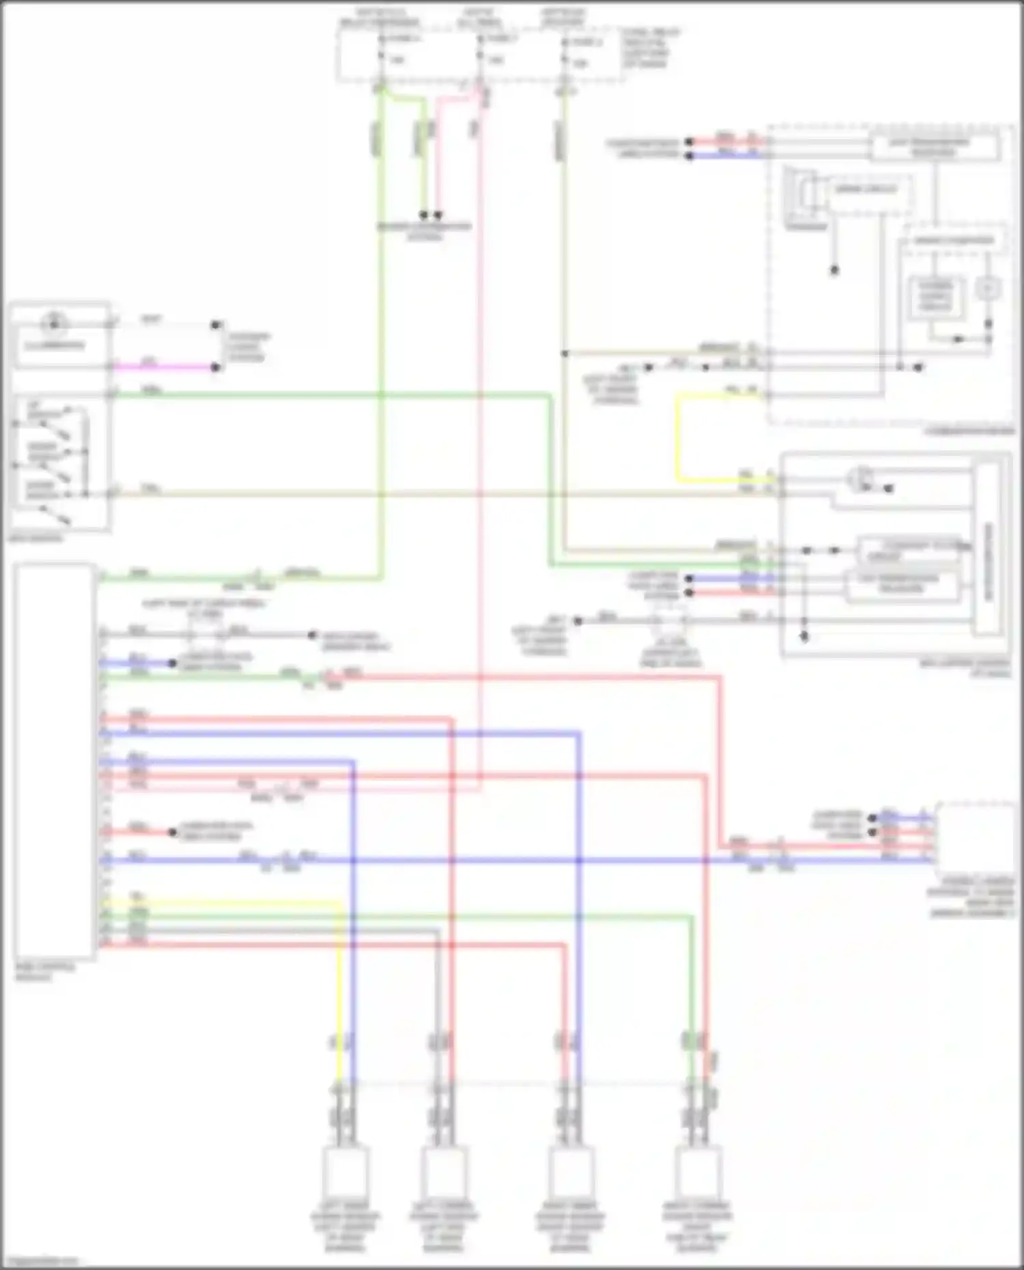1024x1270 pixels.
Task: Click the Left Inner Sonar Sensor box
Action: (x=346, y=1172)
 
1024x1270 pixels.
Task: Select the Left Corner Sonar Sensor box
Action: (x=444, y=1172)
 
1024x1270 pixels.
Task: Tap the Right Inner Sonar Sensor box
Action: (x=570, y=1172)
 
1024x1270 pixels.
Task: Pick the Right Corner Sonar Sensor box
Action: (x=698, y=1172)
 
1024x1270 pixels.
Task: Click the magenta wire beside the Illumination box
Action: (x=164, y=367)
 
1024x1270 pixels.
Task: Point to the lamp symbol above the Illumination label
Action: (x=53, y=324)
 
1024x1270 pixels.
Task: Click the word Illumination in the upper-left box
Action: (x=55, y=345)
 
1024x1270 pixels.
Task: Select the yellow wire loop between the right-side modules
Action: (x=678, y=437)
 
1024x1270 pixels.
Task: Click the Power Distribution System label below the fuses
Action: (x=424, y=231)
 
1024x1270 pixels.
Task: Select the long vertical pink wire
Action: (x=480, y=478)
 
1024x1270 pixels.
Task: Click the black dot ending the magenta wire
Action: (x=216, y=367)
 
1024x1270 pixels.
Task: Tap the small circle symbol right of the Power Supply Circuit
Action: (x=987, y=289)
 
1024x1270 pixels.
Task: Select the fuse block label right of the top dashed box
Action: (x=649, y=48)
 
